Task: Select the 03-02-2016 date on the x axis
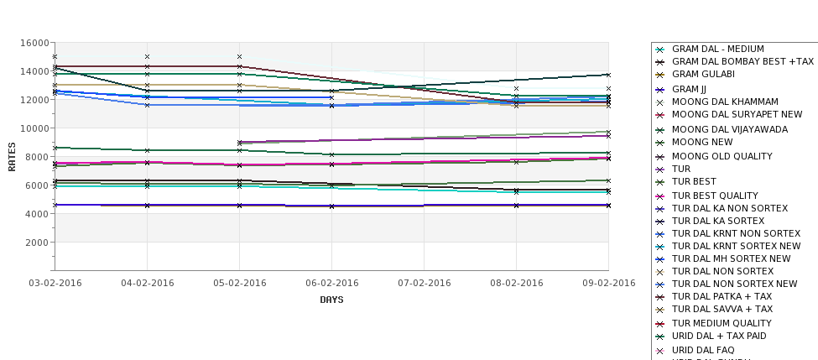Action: pyautogui.click(x=55, y=283)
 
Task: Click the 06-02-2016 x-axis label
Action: pyautogui.click(x=331, y=283)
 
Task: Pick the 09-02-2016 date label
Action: pyautogui.click(x=608, y=283)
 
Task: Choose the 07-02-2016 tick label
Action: pyautogui.click(x=424, y=283)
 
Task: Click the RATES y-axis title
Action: pyautogui.click(x=12, y=156)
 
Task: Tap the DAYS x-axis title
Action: pyautogui.click(x=331, y=300)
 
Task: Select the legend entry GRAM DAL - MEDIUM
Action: pyautogui.click(x=717, y=50)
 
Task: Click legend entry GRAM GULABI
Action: pyautogui.click(x=703, y=75)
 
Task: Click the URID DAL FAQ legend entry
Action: pyautogui.click(x=703, y=350)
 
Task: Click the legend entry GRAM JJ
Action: pyautogui.click(x=689, y=88)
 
